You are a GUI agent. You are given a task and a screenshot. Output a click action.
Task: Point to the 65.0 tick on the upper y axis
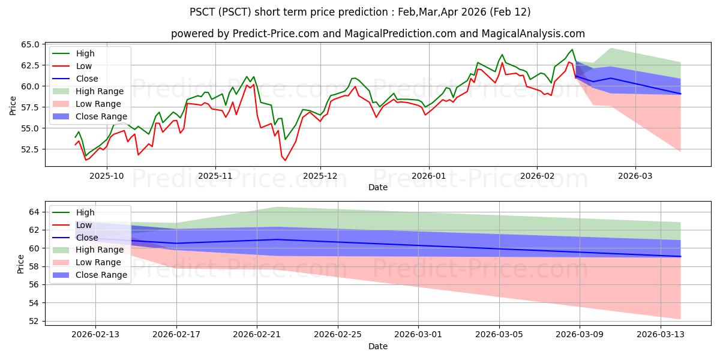pyautogui.click(x=30, y=44)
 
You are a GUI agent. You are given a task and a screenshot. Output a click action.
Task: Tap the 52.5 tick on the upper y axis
pyautogui.click(x=30, y=149)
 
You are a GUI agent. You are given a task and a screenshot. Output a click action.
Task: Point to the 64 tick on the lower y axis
pyautogui.click(x=35, y=212)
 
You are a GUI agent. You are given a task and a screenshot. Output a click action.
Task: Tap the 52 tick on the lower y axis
pyautogui.click(x=35, y=321)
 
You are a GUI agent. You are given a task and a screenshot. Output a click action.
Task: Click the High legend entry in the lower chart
pyautogui.click(x=85, y=212)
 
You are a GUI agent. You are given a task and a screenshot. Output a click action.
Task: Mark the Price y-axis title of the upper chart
pyautogui.click(x=13, y=105)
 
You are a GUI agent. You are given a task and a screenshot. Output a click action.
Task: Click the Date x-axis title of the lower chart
pyautogui.click(x=377, y=346)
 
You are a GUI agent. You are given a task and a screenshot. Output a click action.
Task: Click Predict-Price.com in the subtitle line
pyautogui.click(x=275, y=34)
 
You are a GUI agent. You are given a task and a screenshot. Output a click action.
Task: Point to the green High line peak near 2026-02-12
pyautogui.click(x=572, y=49)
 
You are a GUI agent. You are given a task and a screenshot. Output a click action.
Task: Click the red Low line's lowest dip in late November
pyautogui.click(x=285, y=160)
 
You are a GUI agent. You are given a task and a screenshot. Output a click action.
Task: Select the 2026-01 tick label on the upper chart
pyautogui.click(x=428, y=176)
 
